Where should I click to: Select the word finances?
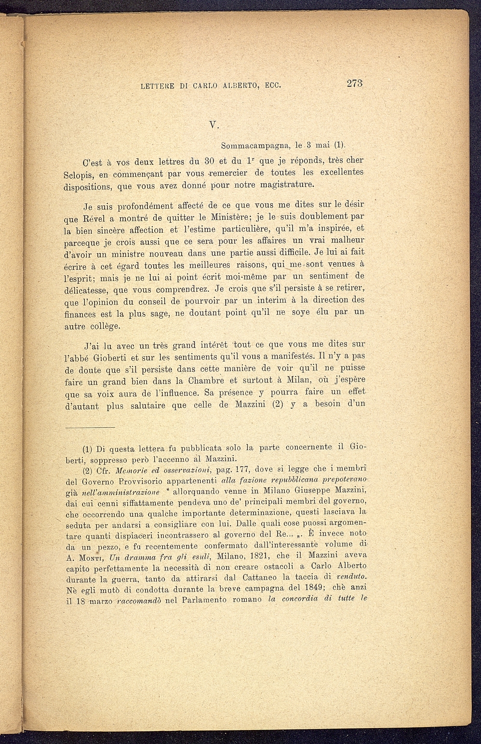[80, 314]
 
